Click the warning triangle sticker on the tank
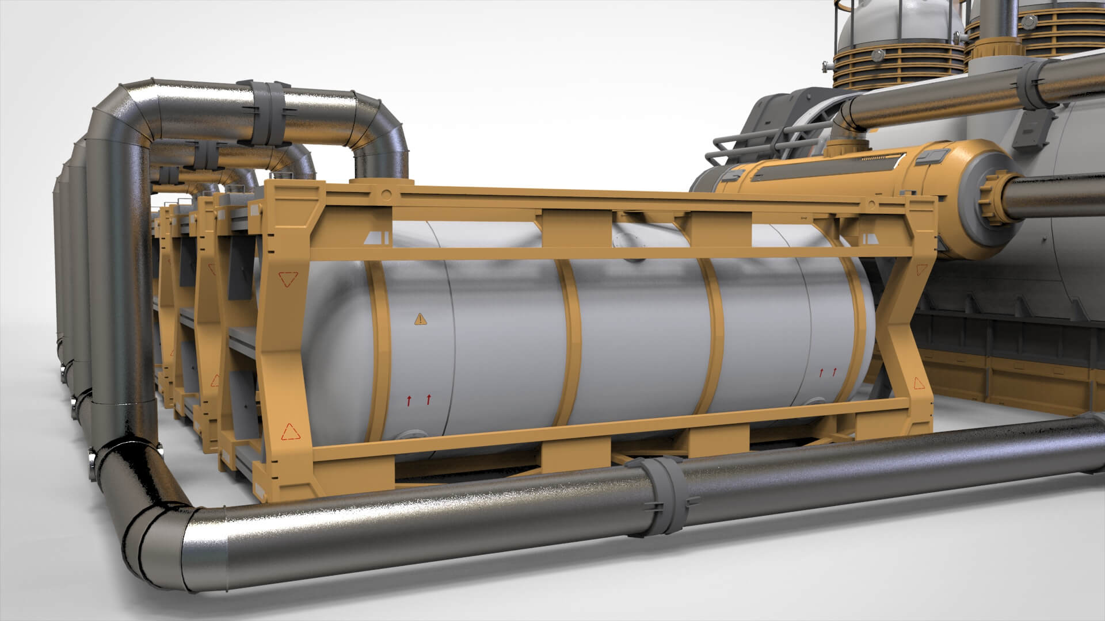421,319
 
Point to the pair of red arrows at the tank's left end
418,398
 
